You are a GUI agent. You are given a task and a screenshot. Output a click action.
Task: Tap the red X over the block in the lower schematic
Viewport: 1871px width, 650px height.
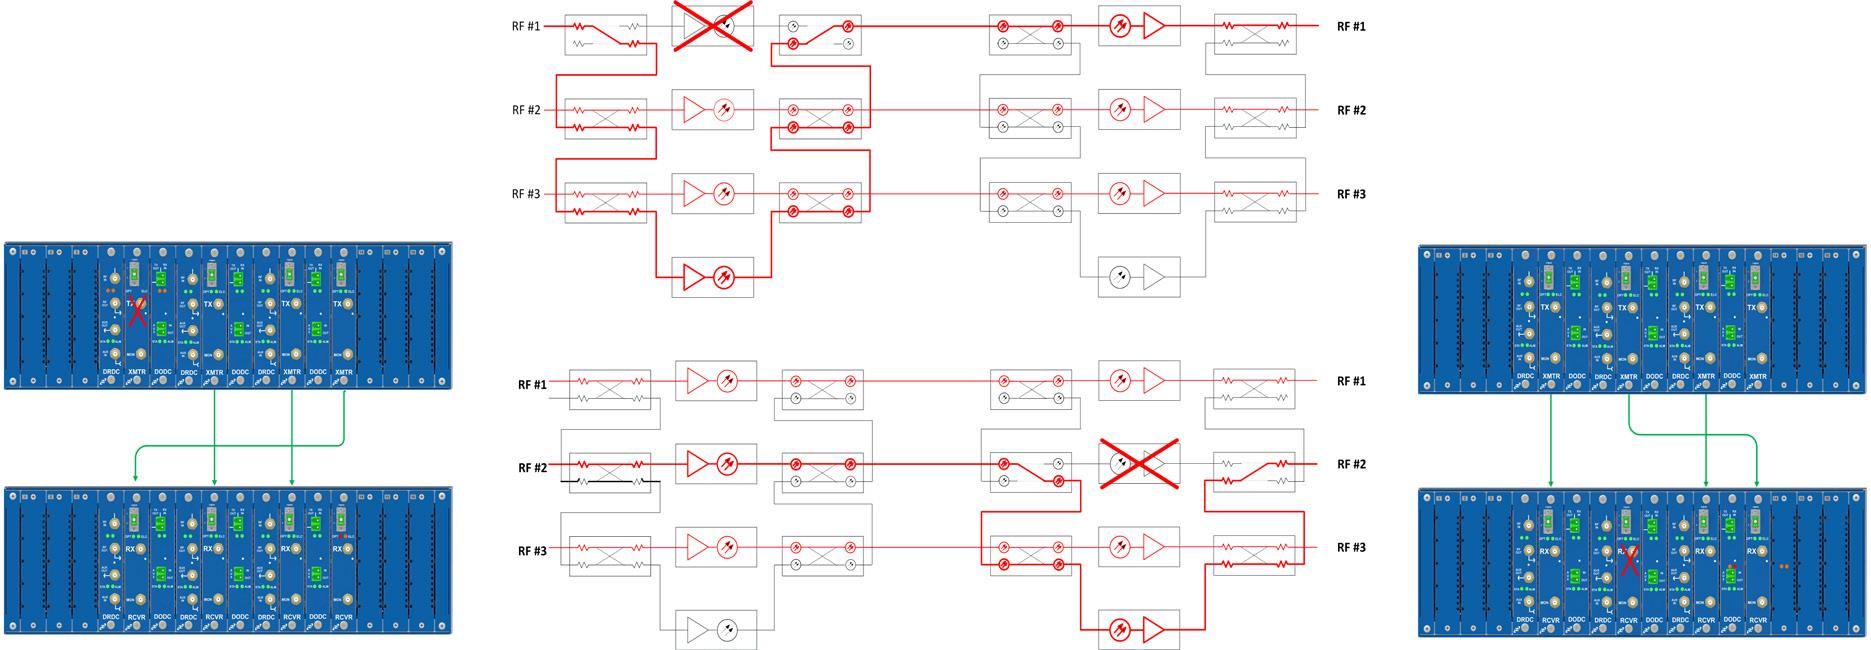point(1138,463)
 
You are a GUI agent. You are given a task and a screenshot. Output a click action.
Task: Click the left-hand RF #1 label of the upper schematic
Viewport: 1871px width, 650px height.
point(526,26)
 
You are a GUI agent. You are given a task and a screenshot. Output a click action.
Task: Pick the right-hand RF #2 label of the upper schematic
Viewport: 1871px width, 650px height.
point(1351,110)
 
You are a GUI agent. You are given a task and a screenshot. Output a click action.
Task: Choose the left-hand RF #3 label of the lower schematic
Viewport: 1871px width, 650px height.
point(532,551)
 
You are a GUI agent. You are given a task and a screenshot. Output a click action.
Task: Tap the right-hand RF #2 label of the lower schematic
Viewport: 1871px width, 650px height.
point(1351,464)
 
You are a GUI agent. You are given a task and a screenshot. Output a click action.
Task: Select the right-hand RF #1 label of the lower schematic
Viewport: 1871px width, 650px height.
point(1351,381)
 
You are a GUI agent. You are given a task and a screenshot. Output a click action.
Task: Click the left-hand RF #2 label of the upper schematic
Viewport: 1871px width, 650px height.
point(526,110)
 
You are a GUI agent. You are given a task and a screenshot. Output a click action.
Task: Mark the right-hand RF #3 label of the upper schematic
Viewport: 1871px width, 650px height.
point(1351,194)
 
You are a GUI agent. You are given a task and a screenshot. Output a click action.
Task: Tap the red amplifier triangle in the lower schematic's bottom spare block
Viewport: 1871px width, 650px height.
point(1154,630)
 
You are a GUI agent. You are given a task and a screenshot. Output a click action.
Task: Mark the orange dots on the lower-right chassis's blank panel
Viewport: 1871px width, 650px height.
point(1783,566)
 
